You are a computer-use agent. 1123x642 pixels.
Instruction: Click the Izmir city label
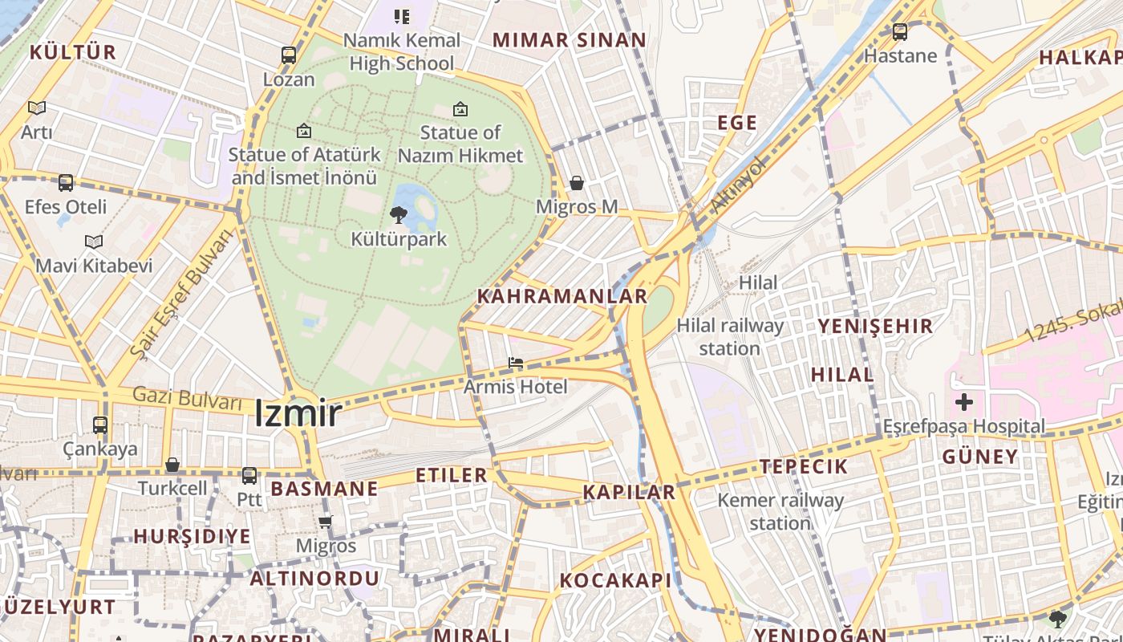coord(298,414)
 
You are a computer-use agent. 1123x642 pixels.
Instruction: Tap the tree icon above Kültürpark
coord(398,214)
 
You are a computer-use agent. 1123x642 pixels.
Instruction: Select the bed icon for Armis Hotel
coord(516,364)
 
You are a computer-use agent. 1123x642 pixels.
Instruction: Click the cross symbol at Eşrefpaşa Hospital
coord(964,402)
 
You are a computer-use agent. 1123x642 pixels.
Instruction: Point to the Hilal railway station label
coord(730,337)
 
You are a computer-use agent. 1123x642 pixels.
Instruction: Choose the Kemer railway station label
coord(780,512)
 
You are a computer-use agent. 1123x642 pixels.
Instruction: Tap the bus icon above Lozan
coord(289,55)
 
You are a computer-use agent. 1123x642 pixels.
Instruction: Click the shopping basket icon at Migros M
coord(576,184)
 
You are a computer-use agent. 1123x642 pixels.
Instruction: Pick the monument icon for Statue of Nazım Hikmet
coord(460,109)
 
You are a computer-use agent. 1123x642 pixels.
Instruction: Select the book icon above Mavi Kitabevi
coord(94,242)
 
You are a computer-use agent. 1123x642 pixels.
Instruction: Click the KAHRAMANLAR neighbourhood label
coord(562,296)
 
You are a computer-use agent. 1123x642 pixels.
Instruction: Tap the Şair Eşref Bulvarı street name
coord(180,292)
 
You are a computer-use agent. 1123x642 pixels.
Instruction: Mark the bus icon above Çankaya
coord(100,425)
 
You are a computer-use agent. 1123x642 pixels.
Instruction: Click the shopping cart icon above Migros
coord(325,522)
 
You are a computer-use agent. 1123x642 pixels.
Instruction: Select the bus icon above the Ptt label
coord(249,476)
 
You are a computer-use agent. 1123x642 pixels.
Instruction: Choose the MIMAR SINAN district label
coord(570,40)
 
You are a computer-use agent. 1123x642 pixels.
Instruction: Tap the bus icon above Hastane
coord(900,32)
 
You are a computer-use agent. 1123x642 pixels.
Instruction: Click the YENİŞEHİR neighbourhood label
coord(875,326)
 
